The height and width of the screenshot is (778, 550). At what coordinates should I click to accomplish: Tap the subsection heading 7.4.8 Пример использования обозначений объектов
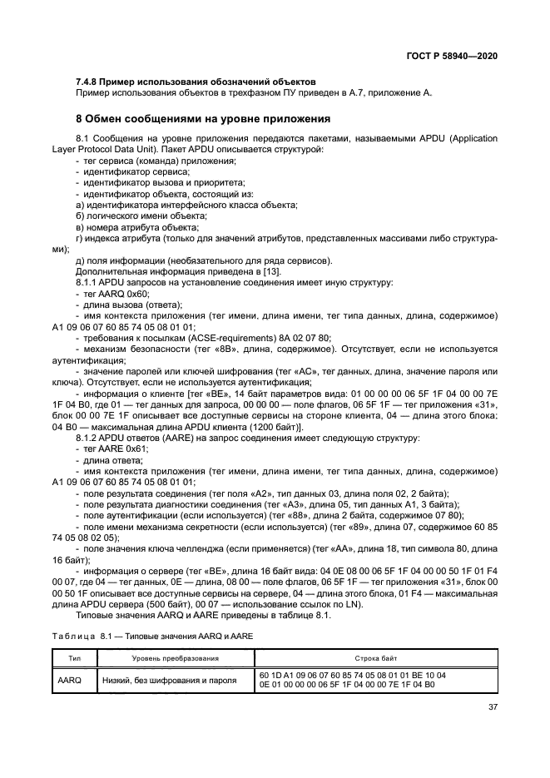(x=195, y=82)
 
